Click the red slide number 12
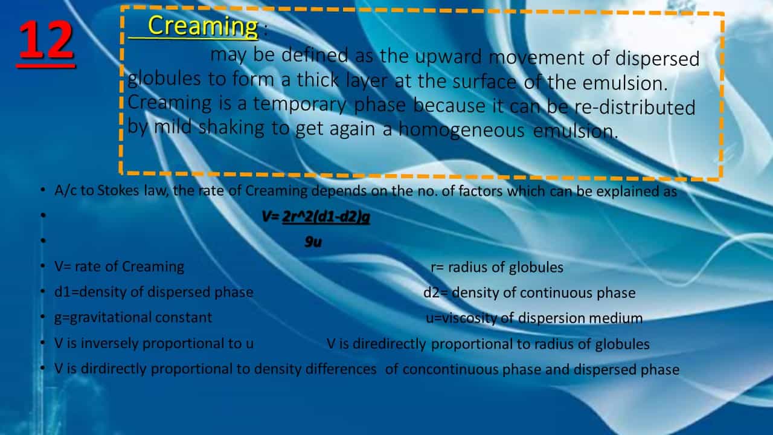(46, 40)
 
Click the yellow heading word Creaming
(203, 26)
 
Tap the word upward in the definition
(448, 57)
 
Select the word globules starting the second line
(164, 78)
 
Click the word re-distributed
(634, 108)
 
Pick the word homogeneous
(461, 130)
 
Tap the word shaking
(231, 127)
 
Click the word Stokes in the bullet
(118, 190)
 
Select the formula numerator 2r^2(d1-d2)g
(326, 217)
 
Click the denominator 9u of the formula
(313, 242)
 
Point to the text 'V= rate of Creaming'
(119, 267)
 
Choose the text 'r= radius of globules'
(497, 267)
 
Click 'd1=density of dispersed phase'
(154, 292)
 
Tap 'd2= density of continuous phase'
(530, 293)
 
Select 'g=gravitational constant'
(133, 318)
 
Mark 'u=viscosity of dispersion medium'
(534, 318)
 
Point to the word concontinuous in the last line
(451, 369)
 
